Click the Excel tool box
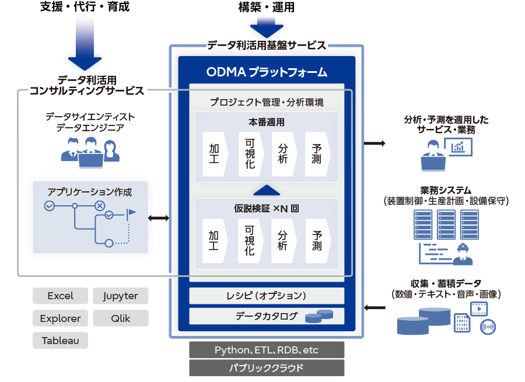click(x=60, y=296)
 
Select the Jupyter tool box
click(x=121, y=296)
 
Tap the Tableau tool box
click(x=60, y=340)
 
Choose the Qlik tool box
click(x=121, y=318)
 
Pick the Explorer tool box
click(x=60, y=318)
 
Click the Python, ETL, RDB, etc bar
click(x=267, y=350)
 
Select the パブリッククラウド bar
click(x=267, y=368)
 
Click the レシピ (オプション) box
click(x=267, y=296)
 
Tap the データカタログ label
click(x=266, y=316)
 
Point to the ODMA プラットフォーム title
click(x=267, y=72)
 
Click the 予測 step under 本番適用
click(x=317, y=154)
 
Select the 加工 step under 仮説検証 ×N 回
click(x=215, y=241)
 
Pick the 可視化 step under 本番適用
click(x=251, y=154)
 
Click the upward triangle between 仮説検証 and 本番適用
click(x=267, y=191)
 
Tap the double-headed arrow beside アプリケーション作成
click(x=159, y=218)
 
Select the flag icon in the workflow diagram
click(x=131, y=214)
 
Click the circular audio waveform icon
click(x=488, y=327)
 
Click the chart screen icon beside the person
click(x=458, y=147)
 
